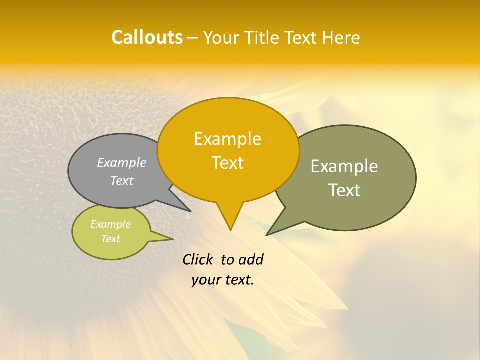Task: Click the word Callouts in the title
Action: click(147, 37)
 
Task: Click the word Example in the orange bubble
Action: click(227, 139)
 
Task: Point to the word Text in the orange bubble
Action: click(228, 163)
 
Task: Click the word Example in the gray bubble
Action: click(122, 163)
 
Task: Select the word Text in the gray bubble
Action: click(122, 180)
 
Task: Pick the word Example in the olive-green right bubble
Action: click(344, 166)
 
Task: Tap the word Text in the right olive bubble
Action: click(345, 190)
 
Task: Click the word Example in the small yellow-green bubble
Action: click(110, 224)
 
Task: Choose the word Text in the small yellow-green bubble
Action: click(110, 239)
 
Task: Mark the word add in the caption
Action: click(251, 259)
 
